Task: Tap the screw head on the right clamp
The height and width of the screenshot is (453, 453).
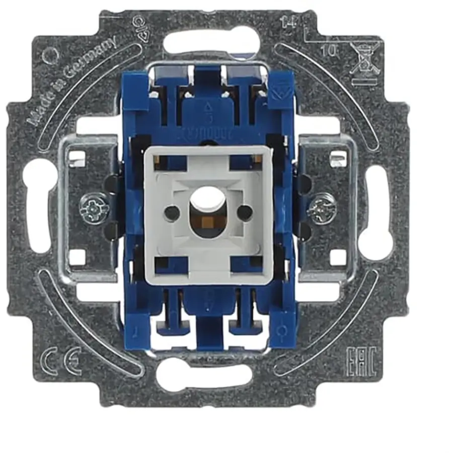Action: click(321, 209)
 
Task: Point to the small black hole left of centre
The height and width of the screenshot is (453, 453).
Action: click(172, 213)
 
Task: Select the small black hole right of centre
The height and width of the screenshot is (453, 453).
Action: click(245, 212)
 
